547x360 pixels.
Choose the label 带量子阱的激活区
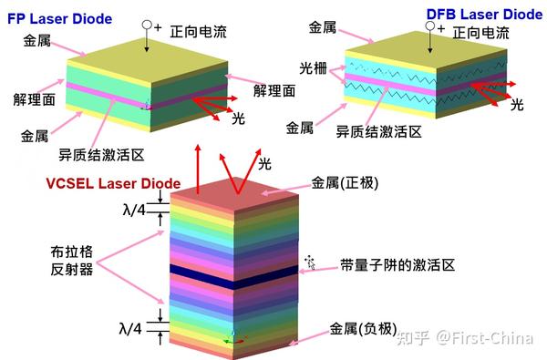[397, 265]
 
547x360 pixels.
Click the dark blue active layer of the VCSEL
[232, 276]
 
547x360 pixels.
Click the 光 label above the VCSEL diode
[264, 164]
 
